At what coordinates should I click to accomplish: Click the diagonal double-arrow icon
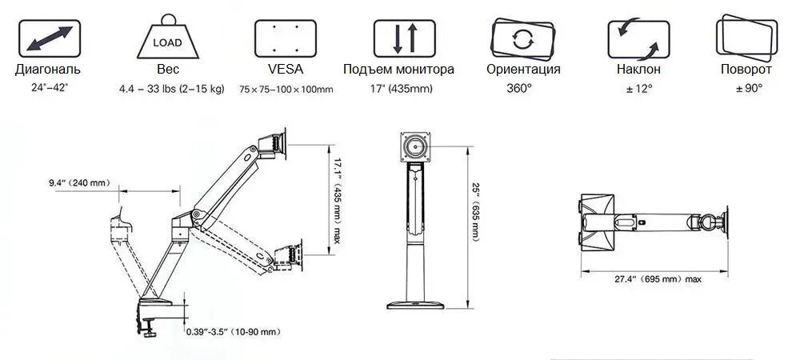coord(47,38)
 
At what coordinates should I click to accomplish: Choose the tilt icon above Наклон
coord(638,38)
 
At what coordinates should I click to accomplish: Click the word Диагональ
coord(47,70)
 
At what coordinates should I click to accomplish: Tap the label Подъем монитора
coord(398,70)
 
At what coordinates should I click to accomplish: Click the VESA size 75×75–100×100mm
coord(286,89)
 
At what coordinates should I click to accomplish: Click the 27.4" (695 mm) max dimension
coord(658,279)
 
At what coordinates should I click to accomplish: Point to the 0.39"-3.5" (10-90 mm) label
coord(233,331)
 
